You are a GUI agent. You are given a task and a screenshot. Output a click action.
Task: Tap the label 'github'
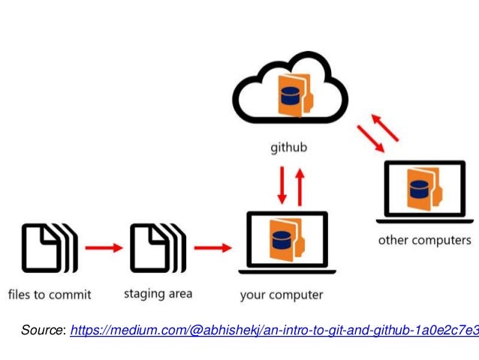(x=289, y=148)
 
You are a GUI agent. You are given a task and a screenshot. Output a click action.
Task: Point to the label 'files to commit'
(x=50, y=294)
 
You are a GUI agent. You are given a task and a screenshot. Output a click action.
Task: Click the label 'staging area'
(x=158, y=293)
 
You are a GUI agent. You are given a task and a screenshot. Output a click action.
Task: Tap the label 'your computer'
(x=282, y=295)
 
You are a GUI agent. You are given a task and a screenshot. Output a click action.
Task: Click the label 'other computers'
(x=424, y=241)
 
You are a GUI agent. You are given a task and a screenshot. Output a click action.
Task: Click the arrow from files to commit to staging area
(x=104, y=247)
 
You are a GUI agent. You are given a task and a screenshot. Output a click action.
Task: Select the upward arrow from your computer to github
(x=300, y=186)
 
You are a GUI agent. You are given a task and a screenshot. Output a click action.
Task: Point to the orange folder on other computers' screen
(x=421, y=188)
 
